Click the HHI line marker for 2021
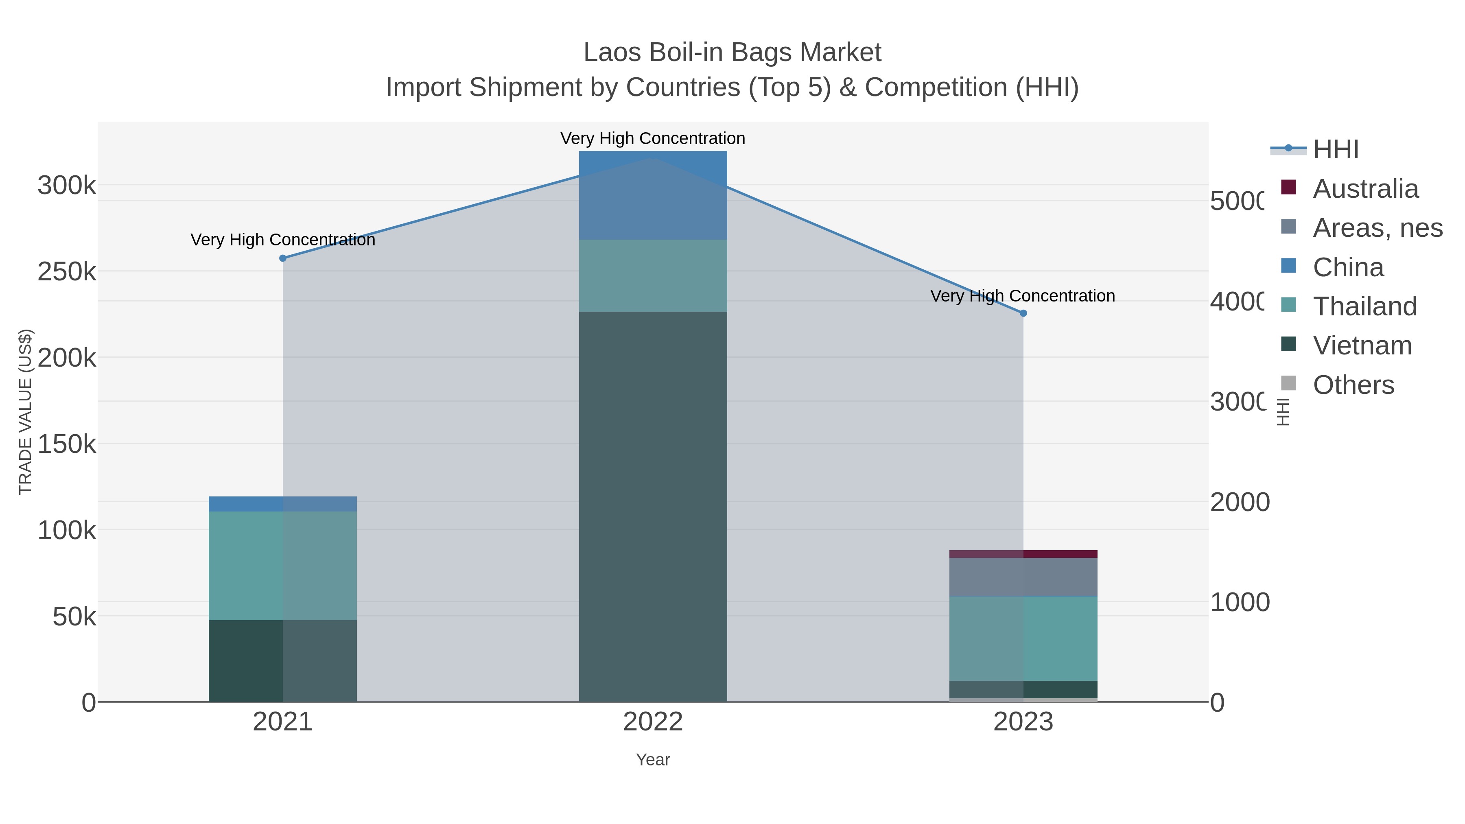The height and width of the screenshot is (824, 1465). pyautogui.click(x=283, y=258)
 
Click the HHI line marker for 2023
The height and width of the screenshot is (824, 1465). pyautogui.click(x=1023, y=313)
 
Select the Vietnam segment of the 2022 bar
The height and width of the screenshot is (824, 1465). pyautogui.click(x=653, y=506)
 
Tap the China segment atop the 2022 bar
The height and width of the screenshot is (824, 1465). pyautogui.click(x=653, y=195)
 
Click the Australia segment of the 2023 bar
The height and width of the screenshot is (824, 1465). pyautogui.click(x=1023, y=554)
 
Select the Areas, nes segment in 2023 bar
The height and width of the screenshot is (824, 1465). pyautogui.click(x=1023, y=577)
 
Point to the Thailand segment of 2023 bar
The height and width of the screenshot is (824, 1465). pyautogui.click(x=1023, y=638)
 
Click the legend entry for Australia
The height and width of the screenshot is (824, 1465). pyautogui.click(x=1365, y=189)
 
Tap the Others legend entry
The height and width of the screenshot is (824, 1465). pyautogui.click(x=1353, y=385)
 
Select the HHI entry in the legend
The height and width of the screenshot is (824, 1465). pyautogui.click(x=1335, y=150)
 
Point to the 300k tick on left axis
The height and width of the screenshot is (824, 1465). pyautogui.click(x=67, y=186)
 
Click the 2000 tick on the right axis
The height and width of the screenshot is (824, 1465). pyautogui.click(x=1239, y=503)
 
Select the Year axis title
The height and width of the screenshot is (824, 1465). pyautogui.click(x=653, y=760)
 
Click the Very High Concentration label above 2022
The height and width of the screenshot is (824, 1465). pyautogui.click(x=653, y=138)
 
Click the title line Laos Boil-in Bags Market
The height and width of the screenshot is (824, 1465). pyautogui.click(x=732, y=52)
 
